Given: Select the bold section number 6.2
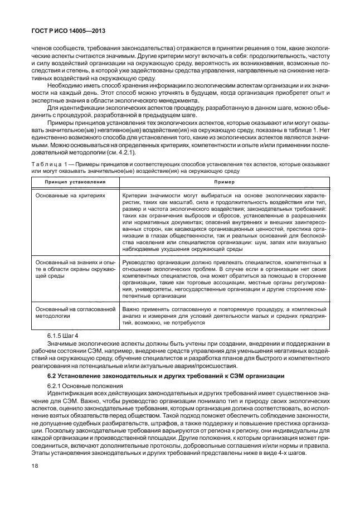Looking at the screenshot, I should coord(53,377).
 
